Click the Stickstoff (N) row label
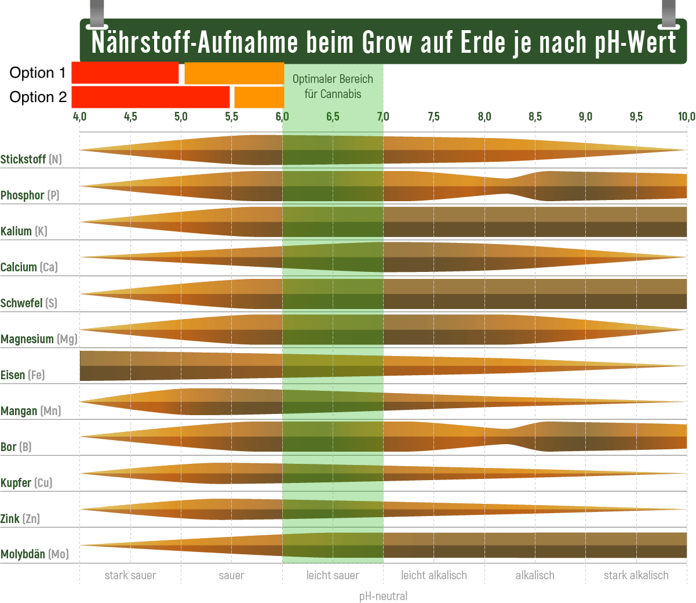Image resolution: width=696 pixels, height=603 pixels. [31, 159]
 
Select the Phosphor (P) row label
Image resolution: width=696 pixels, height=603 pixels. [30, 195]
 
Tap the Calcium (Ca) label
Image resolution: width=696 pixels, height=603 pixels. [29, 267]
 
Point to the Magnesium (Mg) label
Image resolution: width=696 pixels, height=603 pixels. [39, 339]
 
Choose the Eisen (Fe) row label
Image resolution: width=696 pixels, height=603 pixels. [23, 375]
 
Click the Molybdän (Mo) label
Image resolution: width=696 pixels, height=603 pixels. [35, 555]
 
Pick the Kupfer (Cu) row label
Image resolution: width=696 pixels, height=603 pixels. [27, 483]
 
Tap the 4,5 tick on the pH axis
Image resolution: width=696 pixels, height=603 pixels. [130, 117]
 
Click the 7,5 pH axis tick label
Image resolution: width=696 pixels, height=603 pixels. [433, 117]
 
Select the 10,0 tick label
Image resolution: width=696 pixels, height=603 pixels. [686, 117]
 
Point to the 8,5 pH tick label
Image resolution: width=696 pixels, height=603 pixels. [535, 117]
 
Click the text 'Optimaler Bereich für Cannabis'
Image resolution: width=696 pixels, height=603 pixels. [333, 86]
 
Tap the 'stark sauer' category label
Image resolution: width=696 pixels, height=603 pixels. [130, 575]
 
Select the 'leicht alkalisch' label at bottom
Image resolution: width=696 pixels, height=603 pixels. [433, 575]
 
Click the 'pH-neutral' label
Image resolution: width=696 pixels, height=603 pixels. [383, 596]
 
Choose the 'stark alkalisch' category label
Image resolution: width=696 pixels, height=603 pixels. [636, 575]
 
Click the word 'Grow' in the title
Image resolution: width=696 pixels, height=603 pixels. [388, 42]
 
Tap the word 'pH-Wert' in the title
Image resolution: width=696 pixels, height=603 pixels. [636, 42]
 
